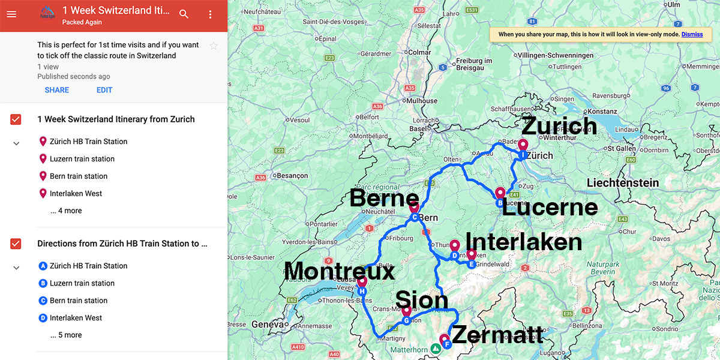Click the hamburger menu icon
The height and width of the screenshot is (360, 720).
[11, 14]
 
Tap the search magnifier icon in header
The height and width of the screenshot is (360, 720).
[184, 14]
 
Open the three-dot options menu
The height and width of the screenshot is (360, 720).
[210, 14]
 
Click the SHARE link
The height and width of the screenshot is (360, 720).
[57, 90]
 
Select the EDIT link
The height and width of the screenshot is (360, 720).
[104, 90]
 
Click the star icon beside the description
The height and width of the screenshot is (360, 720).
[214, 46]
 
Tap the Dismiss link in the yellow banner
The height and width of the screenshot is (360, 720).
[692, 34]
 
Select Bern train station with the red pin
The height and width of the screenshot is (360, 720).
[78, 176]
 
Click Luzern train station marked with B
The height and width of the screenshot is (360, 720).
[82, 283]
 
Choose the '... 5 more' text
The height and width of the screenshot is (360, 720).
[66, 335]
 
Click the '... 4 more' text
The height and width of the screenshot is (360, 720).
[66, 211]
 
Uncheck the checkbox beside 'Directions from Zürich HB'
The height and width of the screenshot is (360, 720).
[16, 244]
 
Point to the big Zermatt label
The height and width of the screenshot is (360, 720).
[497, 334]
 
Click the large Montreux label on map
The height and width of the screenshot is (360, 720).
[340, 271]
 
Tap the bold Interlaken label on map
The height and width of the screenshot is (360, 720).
[524, 241]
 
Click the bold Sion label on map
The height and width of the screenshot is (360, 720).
[422, 300]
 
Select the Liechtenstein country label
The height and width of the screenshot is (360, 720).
[623, 183]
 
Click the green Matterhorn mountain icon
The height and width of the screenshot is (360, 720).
[436, 348]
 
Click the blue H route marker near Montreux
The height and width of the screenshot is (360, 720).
[362, 291]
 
